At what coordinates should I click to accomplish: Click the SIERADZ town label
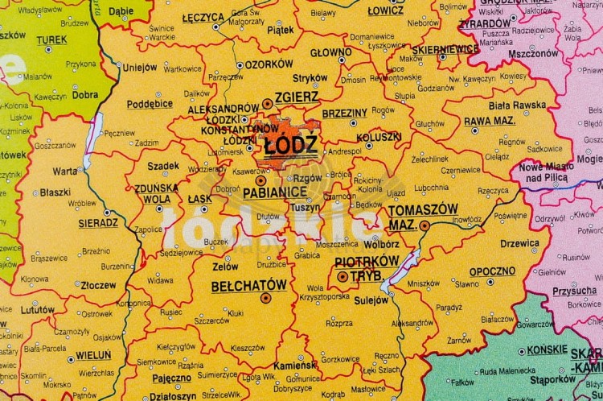click(x=99, y=222)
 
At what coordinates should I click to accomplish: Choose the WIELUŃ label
click(x=94, y=354)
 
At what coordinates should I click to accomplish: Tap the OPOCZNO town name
click(x=492, y=271)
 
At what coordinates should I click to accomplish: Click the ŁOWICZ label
click(x=386, y=11)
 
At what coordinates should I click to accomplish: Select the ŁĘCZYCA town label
click(x=203, y=17)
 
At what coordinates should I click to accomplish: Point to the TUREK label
click(x=51, y=39)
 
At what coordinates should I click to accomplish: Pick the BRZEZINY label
click(x=344, y=114)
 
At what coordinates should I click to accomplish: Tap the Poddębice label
click(x=150, y=104)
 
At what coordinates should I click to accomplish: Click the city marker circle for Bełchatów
click(x=266, y=298)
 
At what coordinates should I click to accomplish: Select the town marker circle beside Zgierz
click(x=267, y=103)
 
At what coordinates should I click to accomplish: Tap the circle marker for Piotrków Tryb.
click(x=343, y=276)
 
